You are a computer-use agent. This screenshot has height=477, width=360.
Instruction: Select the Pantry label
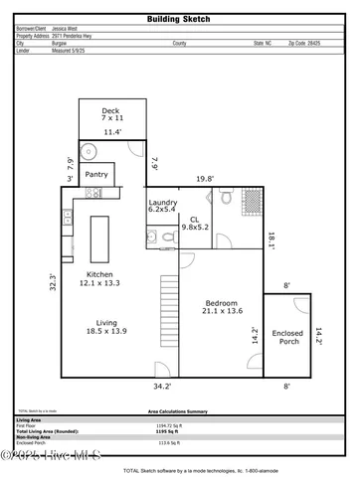point(96,174)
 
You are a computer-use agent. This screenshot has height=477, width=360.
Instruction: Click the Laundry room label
point(163,204)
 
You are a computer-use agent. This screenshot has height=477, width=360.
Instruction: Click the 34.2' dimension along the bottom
point(162,386)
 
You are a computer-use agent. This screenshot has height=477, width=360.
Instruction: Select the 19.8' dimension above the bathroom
point(205,179)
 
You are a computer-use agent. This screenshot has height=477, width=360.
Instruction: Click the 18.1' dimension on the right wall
point(271,238)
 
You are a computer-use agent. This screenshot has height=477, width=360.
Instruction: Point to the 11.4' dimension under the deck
point(112,131)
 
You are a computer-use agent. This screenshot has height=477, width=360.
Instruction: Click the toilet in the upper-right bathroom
point(228,199)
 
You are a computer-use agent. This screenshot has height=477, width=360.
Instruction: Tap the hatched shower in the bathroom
point(254,196)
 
